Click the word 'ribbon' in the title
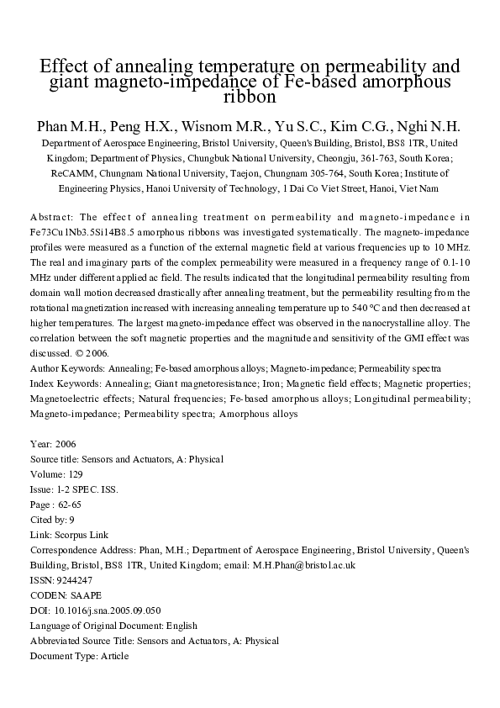[250, 98]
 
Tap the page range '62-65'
[70, 504]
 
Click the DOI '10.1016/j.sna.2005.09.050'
[107, 610]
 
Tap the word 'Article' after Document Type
[113, 656]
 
